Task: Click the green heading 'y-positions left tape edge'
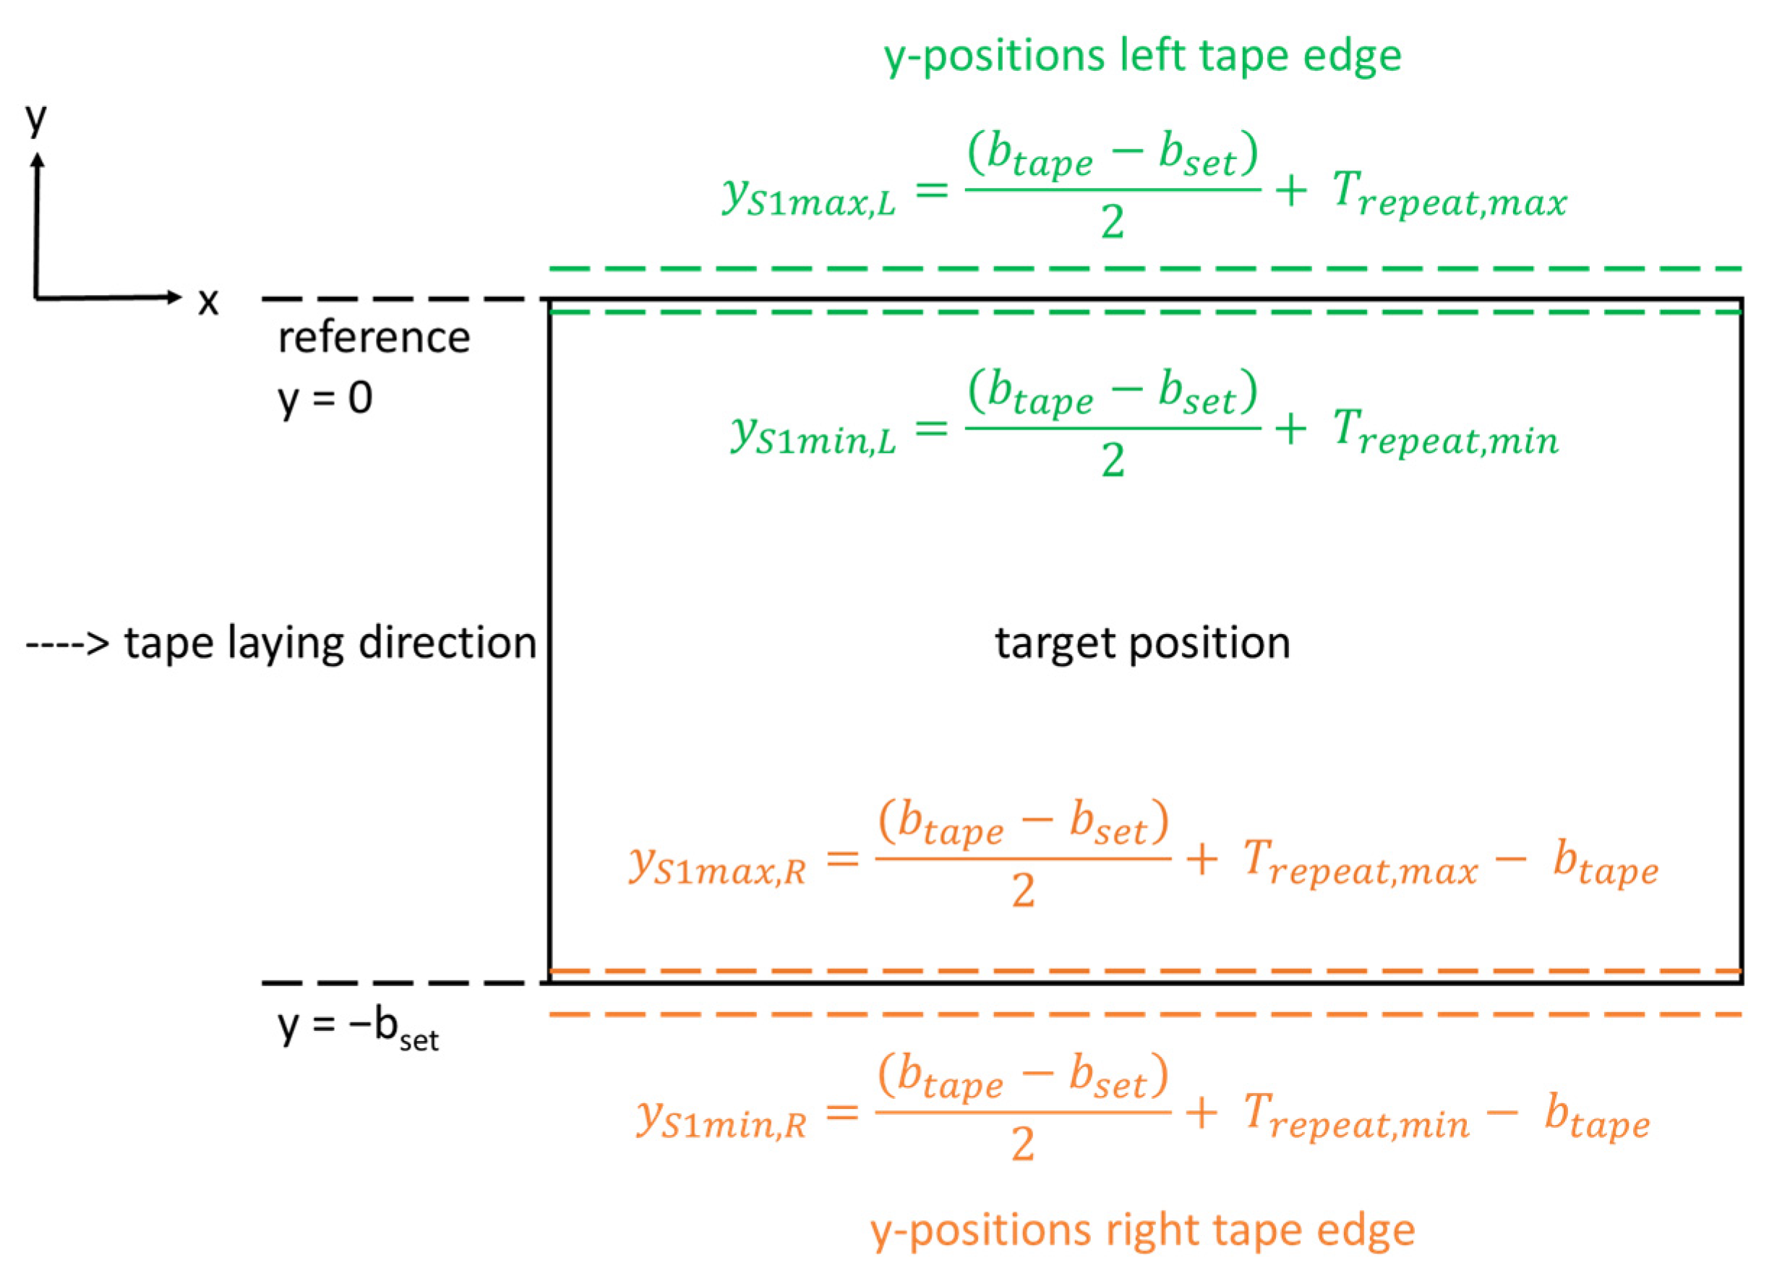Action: pyautogui.click(x=1142, y=56)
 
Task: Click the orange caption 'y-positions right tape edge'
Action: pyautogui.click(x=1142, y=1230)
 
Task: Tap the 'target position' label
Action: pyautogui.click(x=1142, y=643)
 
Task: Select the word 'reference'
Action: pyautogui.click(x=374, y=338)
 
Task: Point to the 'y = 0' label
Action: pyautogui.click(x=325, y=398)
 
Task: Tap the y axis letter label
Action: pyautogui.click(x=36, y=119)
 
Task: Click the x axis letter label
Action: pyautogui.click(x=207, y=301)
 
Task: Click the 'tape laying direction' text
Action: pyautogui.click(x=330, y=643)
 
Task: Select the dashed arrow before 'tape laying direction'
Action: pyautogui.click(x=67, y=644)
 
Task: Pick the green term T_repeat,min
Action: pyautogui.click(x=1446, y=432)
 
